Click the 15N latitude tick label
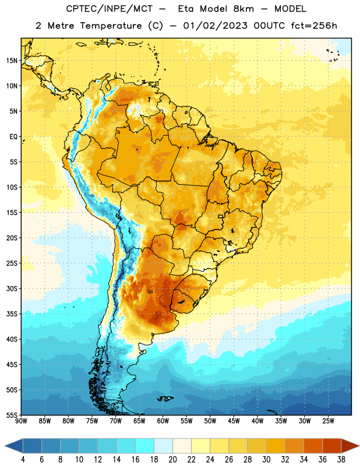[x=12, y=61]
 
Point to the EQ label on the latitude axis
[x=13, y=137]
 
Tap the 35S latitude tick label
[x=12, y=314]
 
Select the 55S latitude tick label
[x=12, y=415]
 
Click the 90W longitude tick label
[x=21, y=421]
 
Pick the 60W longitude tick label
[x=163, y=421]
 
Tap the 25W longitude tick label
[x=328, y=421]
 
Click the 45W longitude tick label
[x=234, y=421]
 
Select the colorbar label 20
[x=172, y=460]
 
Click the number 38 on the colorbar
[x=341, y=460]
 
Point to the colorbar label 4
[x=23, y=460]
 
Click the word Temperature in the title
[x=111, y=26]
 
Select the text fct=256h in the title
[x=314, y=26]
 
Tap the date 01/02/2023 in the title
[x=215, y=26]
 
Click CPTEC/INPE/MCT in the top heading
[x=109, y=9]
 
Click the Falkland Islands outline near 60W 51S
[x=165, y=398]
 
